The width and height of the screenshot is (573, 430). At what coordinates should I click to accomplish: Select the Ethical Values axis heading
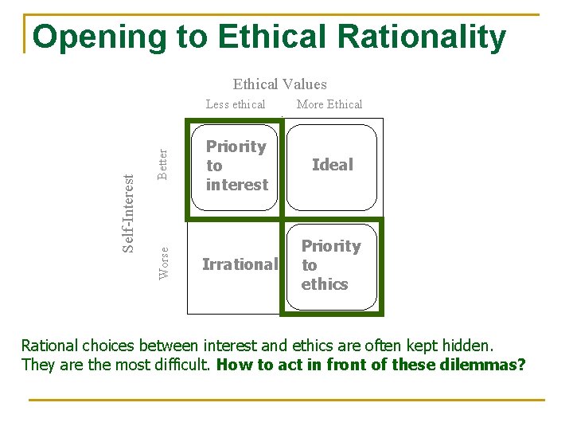[279, 84]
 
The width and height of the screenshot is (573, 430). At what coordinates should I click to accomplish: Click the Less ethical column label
[236, 104]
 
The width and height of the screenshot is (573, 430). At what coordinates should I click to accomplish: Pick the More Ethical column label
[329, 104]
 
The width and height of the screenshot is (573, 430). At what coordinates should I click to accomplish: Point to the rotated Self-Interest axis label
[129, 213]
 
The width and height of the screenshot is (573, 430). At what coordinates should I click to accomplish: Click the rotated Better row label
[163, 163]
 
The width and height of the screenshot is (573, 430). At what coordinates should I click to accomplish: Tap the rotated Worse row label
[164, 263]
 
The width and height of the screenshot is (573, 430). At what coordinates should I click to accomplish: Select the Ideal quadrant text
[332, 165]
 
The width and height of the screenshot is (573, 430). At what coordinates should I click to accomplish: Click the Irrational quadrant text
[240, 264]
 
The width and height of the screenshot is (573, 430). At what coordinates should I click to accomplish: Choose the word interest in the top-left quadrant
[237, 185]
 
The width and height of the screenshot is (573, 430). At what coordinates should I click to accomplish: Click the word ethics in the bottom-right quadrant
[325, 284]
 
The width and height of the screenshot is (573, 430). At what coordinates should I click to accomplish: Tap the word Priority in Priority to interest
[236, 147]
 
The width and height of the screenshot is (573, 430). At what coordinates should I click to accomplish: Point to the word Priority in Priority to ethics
[331, 246]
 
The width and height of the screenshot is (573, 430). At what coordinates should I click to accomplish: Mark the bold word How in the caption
[232, 365]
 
